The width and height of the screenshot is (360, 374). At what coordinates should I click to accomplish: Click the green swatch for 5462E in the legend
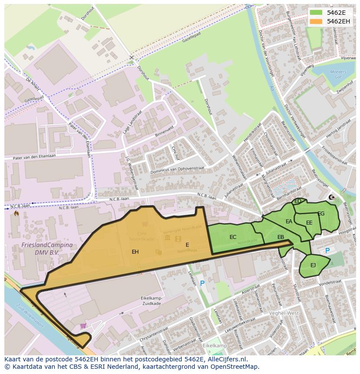click(316, 13)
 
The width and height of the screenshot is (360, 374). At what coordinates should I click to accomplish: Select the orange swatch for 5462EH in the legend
click(316, 21)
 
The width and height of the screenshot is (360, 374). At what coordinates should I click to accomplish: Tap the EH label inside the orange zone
click(135, 252)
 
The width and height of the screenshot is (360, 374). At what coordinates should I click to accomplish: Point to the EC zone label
click(233, 237)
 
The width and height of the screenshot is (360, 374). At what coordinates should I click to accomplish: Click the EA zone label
click(289, 222)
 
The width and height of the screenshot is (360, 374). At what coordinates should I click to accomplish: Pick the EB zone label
click(281, 237)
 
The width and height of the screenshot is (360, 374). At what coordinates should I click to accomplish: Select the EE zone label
click(309, 223)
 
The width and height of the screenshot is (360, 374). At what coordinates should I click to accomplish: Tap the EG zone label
click(321, 214)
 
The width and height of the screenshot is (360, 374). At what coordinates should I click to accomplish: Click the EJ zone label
click(313, 265)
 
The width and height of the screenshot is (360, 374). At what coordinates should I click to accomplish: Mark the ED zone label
click(298, 201)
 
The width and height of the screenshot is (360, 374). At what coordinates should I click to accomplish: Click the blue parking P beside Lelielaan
click(202, 284)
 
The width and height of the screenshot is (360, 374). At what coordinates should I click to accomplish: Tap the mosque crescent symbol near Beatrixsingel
click(333, 198)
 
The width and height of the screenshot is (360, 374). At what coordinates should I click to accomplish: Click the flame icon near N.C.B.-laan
click(17, 213)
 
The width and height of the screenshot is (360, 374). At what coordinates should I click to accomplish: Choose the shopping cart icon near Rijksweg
click(83, 325)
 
